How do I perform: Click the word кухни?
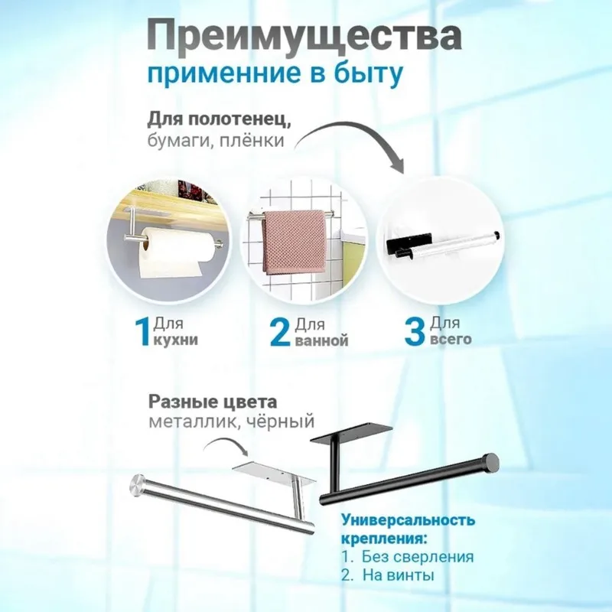click(175, 340)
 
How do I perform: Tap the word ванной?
click(321, 340)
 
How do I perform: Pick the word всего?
click(451, 339)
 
